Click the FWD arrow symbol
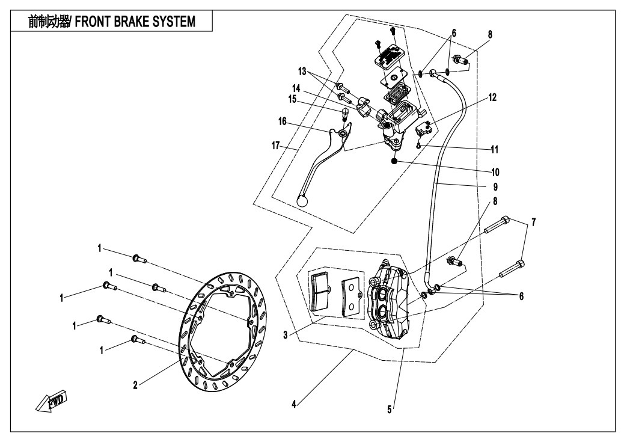[x=53, y=402]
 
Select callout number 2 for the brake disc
[x=135, y=385]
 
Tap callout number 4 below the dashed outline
[x=294, y=405]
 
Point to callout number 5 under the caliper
[x=390, y=410]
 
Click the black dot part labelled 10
[x=394, y=161]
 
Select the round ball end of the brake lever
[x=303, y=202]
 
